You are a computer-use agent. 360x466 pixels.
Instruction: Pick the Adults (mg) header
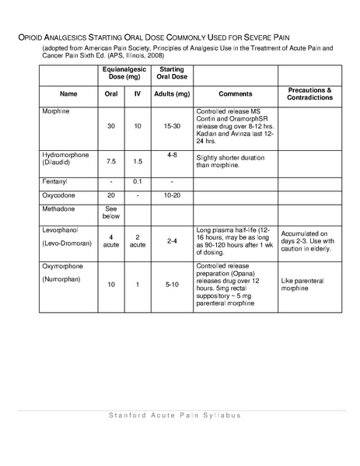pos(171,93)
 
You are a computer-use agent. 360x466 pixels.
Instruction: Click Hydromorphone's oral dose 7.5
pos(111,162)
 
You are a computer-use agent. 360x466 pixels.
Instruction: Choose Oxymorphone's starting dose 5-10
pos(171,285)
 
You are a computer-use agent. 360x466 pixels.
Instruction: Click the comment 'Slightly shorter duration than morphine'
pos(231,160)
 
